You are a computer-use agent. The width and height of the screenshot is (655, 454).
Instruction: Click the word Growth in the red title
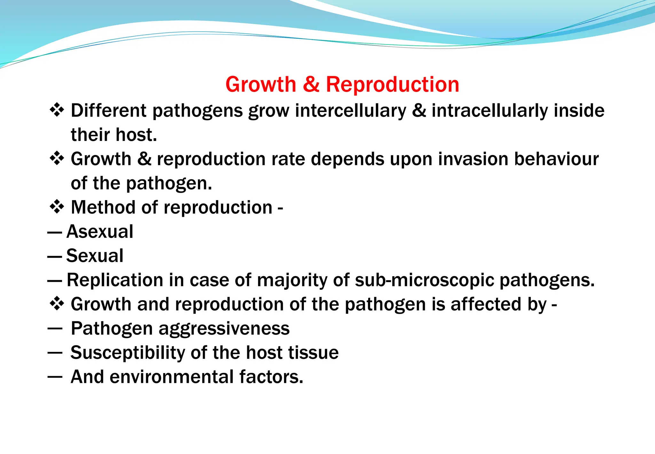pyautogui.click(x=261, y=85)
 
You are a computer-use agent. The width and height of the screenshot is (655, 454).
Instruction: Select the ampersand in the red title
pyautogui.click(x=311, y=84)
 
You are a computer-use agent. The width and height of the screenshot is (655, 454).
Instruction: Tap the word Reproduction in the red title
pyautogui.click(x=392, y=85)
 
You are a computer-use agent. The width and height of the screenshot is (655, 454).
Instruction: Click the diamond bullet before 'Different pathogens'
pyautogui.click(x=57, y=110)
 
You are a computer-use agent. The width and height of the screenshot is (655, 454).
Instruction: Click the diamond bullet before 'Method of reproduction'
pyautogui.click(x=57, y=207)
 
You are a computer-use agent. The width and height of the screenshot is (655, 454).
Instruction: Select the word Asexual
pyautogui.click(x=100, y=231)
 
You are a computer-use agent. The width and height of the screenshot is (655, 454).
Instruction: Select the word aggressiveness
pyautogui.click(x=224, y=329)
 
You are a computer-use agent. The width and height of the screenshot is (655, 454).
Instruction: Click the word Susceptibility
pyautogui.click(x=128, y=353)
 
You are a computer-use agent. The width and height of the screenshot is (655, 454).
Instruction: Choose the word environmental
pyautogui.click(x=172, y=377)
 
